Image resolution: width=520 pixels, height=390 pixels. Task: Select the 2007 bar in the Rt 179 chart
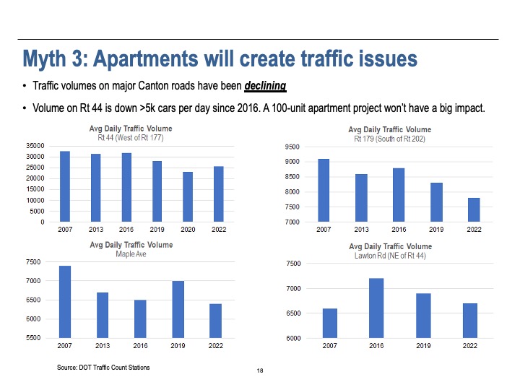324,190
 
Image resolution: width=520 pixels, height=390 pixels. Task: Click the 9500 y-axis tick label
292,147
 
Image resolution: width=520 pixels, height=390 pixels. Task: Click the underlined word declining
265,87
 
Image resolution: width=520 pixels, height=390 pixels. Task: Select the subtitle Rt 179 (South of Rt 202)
391,138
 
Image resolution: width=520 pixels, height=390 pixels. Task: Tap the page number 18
260,370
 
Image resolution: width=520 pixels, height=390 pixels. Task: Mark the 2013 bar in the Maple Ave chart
103,315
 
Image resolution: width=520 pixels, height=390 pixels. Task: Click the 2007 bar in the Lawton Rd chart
329,323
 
